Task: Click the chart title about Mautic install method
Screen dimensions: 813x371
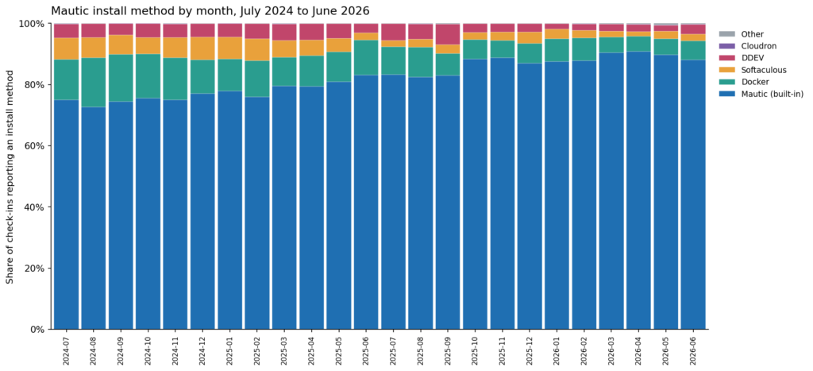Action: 210,11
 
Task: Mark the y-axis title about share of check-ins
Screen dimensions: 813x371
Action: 10,176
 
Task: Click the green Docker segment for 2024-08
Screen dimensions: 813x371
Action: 94,83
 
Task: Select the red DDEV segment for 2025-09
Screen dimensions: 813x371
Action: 448,35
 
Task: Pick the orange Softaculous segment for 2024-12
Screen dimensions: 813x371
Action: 202,48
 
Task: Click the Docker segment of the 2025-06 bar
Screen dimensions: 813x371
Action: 366,57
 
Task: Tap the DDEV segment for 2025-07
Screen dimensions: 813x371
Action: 393,32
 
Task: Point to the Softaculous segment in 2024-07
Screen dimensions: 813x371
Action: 67,48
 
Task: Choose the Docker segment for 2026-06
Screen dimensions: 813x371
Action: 693,51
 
